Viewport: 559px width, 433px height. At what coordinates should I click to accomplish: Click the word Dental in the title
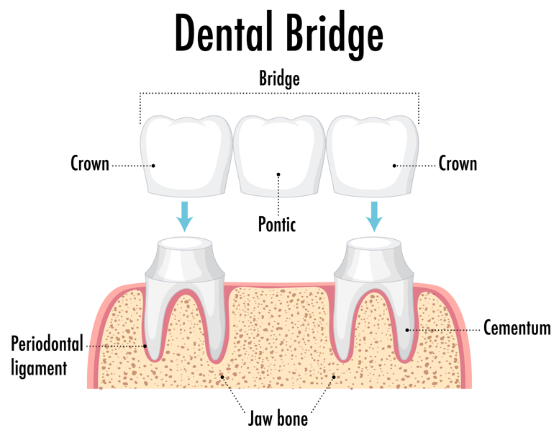(x=224, y=33)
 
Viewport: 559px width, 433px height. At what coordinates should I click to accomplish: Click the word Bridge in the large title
(x=335, y=36)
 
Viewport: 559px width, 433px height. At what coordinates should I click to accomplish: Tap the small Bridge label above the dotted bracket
(x=279, y=79)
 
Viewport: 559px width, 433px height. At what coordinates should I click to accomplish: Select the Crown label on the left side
(x=90, y=164)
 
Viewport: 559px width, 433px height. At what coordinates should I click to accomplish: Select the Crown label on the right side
(x=458, y=164)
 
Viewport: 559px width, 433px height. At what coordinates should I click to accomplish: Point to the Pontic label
(x=277, y=224)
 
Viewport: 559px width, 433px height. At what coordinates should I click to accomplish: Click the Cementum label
(x=517, y=328)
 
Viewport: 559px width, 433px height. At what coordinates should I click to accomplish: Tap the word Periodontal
(x=47, y=344)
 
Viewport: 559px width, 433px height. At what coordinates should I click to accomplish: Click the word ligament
(x=40, y=367)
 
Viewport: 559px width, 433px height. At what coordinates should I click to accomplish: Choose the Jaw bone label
(x=278, y=419)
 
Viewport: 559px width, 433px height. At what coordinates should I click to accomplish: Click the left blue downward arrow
(x=185, y=217)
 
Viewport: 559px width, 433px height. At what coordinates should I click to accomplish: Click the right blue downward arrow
(x=374, y=217)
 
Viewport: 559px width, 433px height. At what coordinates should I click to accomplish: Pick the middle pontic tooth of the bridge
(x=279, y=156)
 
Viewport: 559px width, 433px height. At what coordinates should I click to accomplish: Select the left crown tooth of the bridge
(x=186, y=156)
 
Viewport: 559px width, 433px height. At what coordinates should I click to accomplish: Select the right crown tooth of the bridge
(x=373, y=156)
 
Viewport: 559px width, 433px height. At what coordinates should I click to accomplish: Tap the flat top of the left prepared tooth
(x=185, y=243)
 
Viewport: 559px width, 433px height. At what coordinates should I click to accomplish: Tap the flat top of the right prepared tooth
(x=374, y=243)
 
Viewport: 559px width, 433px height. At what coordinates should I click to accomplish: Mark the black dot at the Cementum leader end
(x=407, y=330)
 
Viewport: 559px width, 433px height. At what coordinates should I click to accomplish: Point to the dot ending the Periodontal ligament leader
(x=145, y=346)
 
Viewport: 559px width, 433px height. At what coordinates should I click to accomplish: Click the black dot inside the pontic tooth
(x=278, y=174)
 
